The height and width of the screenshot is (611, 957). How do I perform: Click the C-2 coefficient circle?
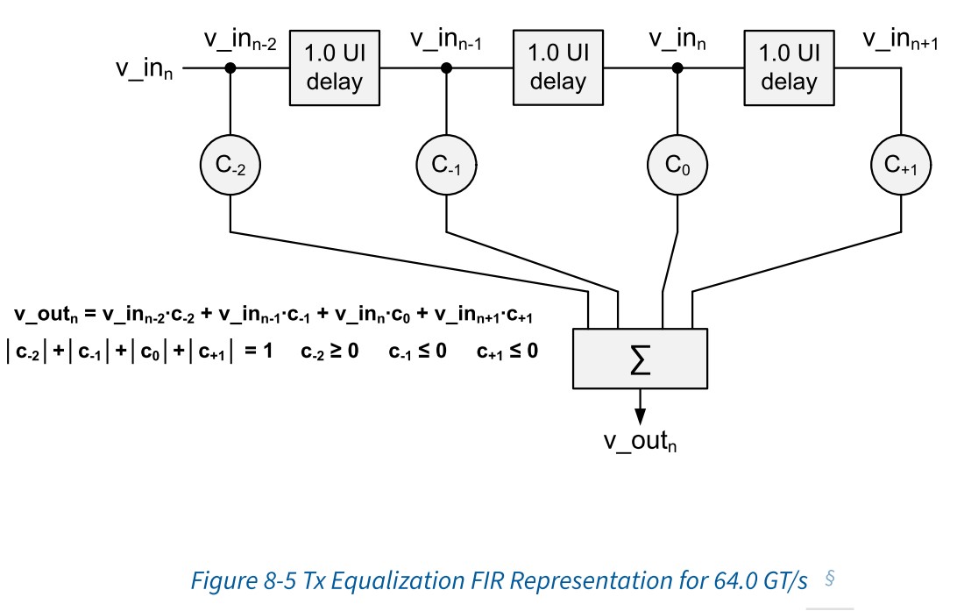tap(230, 164)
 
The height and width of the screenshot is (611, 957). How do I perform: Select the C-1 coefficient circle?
tap(446, 164)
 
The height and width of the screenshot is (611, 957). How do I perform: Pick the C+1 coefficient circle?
tap(901, 164)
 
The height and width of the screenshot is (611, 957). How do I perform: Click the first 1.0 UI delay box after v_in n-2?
tap(326, 68)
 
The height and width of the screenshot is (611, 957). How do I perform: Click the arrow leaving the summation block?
tap(641, 405)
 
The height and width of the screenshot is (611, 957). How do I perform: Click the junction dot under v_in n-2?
tap(230, 68)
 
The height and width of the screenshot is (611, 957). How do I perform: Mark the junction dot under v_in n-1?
tap(446, 68)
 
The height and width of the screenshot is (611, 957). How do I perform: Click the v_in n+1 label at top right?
tap(902, 40)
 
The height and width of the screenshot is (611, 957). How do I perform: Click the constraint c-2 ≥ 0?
tap(330, 352)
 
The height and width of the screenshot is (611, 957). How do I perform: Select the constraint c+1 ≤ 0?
tap(507, 352)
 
